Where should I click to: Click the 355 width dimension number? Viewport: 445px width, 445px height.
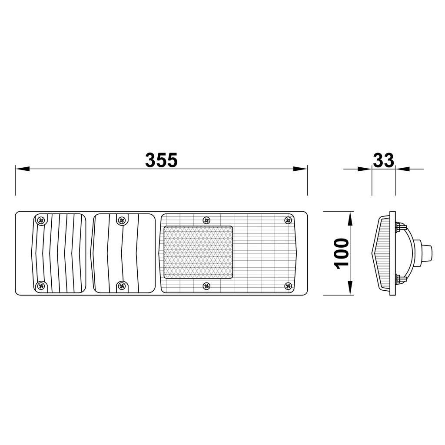pyautogui.click(x=161, y=160)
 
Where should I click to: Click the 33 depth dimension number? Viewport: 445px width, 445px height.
pyautogui.click(x=383, y=160)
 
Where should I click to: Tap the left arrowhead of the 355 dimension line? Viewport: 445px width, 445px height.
pyautogui.click(x=23, y=169)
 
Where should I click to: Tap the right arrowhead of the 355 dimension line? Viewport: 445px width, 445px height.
pyautogui.click(x=300, y=169)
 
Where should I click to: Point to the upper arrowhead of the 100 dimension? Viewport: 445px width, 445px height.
pyautogui.click(x=350, y=219)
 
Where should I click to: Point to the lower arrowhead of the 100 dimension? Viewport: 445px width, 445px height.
pyautogui.click(x=350, y=288)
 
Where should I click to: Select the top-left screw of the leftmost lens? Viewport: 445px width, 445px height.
pyautogui.click(x=41, y=220)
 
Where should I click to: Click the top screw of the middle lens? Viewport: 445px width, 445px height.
pyautogui.click(x=122, y=220)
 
